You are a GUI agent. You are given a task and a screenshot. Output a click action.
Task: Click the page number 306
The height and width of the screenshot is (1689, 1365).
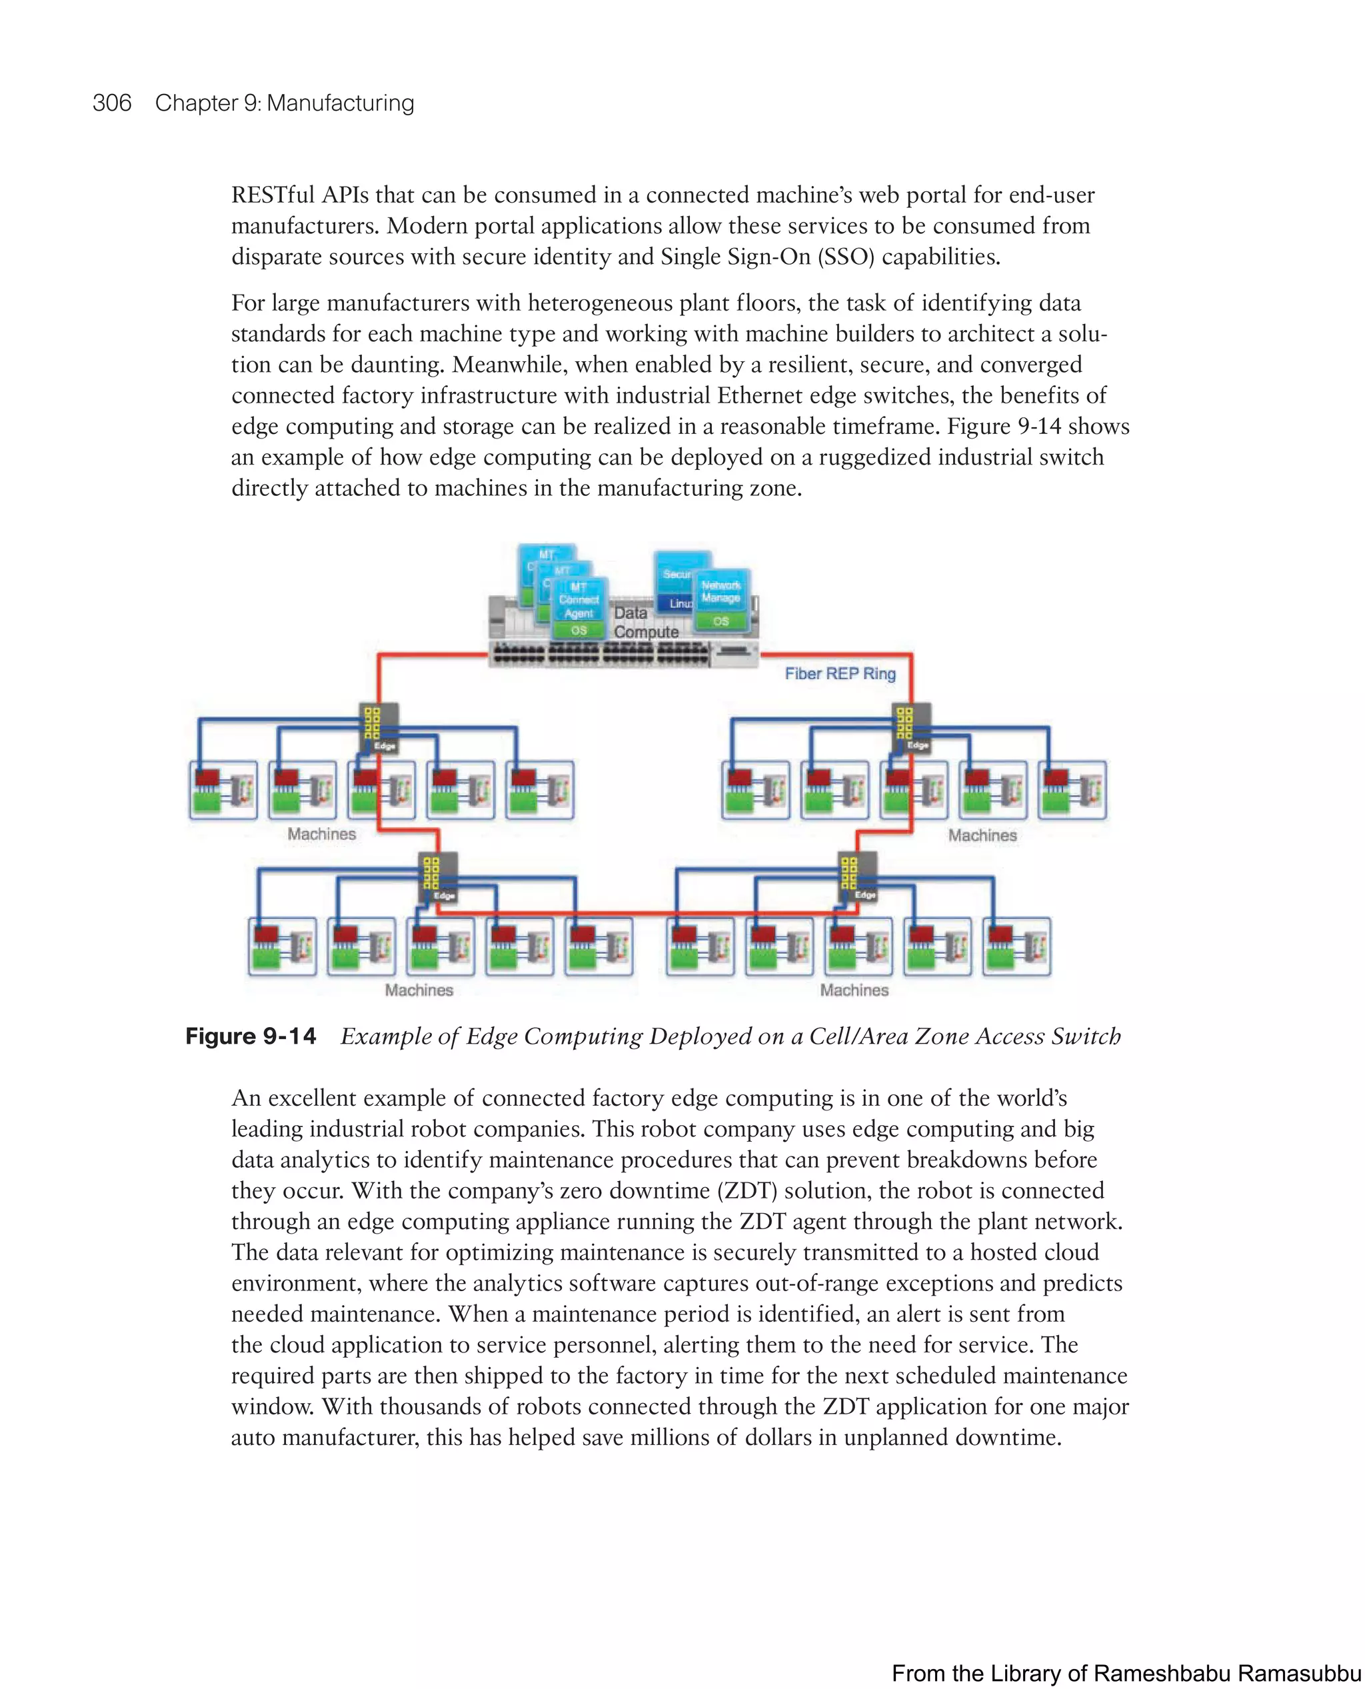(x=112, y=103)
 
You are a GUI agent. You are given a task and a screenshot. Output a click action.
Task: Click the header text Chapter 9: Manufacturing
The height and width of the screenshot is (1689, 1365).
(x=284, y=103)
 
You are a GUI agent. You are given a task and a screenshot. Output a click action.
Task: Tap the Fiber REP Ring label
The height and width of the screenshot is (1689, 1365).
(x=840, y=673)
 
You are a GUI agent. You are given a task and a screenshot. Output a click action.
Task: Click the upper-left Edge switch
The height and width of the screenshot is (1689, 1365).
(x=379, y=728)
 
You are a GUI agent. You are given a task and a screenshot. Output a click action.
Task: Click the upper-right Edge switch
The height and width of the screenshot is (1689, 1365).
(x=912, y=728)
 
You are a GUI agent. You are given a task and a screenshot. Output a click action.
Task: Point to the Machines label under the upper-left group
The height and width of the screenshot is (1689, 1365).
(x=322, y=835)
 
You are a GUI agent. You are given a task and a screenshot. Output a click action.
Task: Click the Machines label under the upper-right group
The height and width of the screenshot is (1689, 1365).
(x=982, y=836)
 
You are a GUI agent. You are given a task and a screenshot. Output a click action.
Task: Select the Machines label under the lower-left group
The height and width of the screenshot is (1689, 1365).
(x=419, y=990)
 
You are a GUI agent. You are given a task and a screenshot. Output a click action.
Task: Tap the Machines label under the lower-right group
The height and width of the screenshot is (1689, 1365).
(x=854, y=990)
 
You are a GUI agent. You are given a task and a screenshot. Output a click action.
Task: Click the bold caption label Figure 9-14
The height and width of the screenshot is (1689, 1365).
(x=251, y=1036)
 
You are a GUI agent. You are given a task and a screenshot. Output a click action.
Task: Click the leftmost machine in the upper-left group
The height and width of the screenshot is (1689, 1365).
(x=223, y=789)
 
